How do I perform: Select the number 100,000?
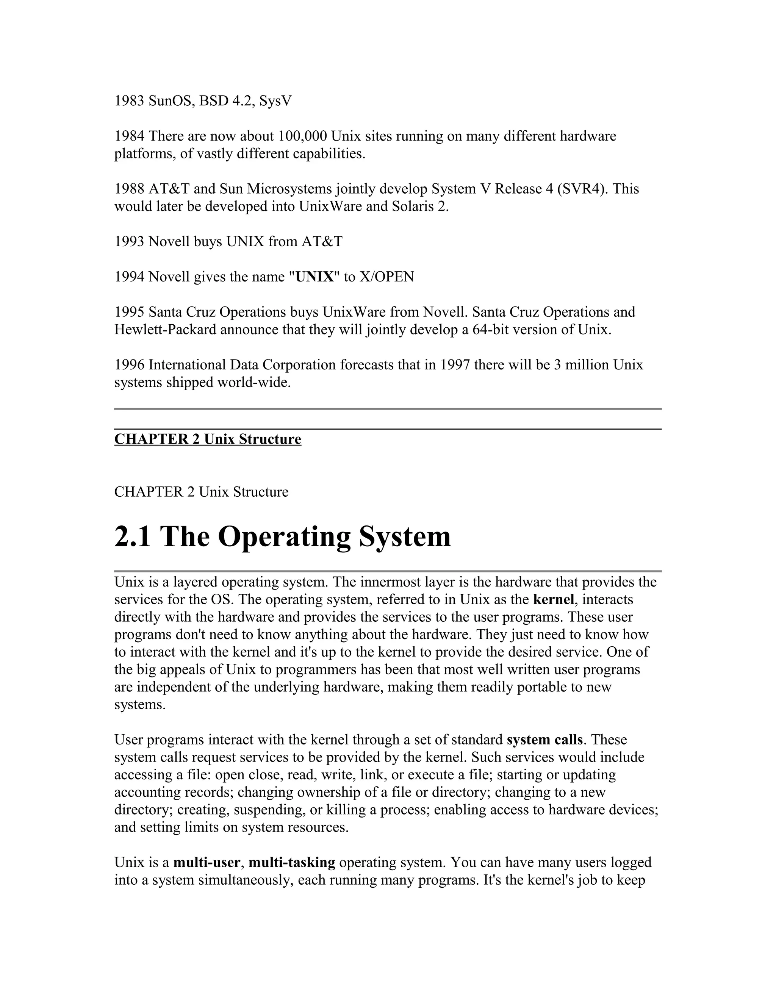[301, 136]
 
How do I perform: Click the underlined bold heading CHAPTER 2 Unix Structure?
[208, 439]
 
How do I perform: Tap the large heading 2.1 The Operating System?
[282, 536]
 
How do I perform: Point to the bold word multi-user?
[207, 862]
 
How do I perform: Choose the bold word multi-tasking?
[292, 862]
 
